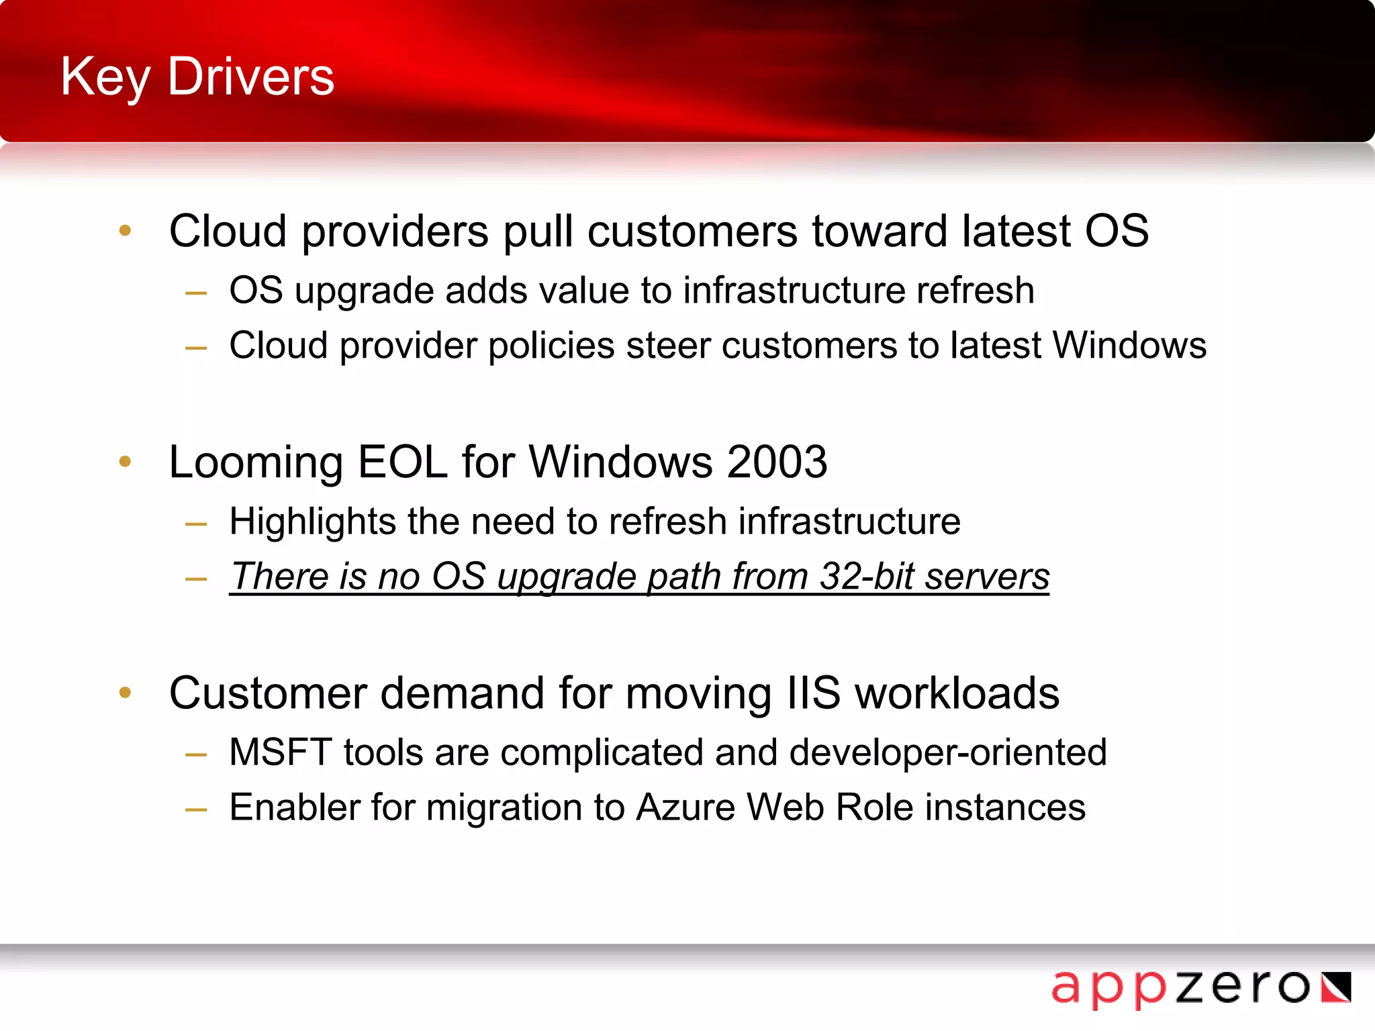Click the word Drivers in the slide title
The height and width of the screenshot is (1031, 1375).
250,77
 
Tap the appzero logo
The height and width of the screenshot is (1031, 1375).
1200,987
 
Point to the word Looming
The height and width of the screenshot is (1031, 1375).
256,463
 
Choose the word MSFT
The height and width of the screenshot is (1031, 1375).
280,752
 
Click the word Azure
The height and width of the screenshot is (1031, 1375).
685,807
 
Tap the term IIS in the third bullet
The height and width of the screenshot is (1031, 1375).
813,693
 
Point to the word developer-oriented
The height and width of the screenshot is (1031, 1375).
948,752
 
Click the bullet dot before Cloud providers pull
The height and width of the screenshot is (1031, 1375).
125,231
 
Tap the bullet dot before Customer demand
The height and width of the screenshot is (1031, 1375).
125,693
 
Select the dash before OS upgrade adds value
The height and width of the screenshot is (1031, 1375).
196,293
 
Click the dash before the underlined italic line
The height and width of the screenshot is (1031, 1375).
196,579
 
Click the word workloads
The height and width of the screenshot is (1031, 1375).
957,693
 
